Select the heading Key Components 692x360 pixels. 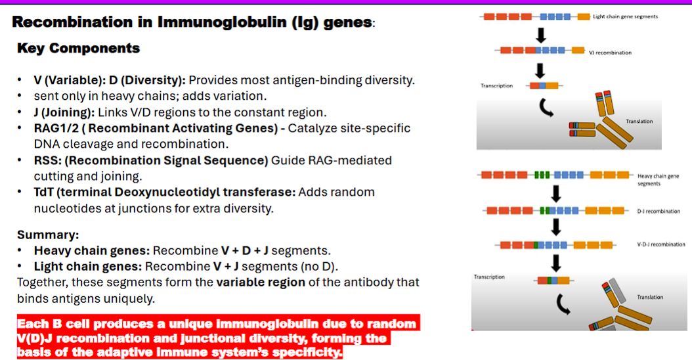click(78, 48)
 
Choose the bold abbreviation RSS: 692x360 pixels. click(47, 160)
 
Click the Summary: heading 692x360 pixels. click(48, 235)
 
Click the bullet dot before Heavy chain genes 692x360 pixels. click(21, 251)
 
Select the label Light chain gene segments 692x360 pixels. click(624, 16)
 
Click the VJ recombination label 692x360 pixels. click(610, 53)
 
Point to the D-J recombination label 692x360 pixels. click(659, 211)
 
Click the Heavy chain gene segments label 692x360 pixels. click(653, 179)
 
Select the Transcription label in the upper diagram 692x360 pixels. click(496, 85)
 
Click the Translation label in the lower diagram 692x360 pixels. click(650, 297)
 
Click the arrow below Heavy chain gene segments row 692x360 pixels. click(557, 194)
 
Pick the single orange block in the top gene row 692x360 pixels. click(583, 16)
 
